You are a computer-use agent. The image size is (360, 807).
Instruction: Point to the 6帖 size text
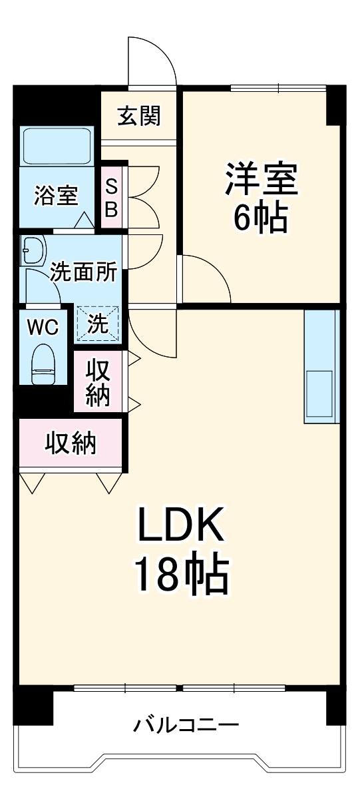click(x=260, y=216)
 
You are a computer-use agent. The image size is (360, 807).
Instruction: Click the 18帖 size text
click(x=181, y=576)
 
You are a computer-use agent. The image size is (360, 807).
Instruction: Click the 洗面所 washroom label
click(x=84, y=272)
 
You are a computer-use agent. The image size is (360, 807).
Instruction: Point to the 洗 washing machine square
click(x=98, y=324)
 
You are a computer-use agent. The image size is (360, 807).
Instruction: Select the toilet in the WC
click(x=44, y=362)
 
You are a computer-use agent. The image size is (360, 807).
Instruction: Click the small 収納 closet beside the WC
click(x=98, y=383)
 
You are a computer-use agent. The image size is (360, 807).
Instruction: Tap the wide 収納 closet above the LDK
click(x=71, y=443)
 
